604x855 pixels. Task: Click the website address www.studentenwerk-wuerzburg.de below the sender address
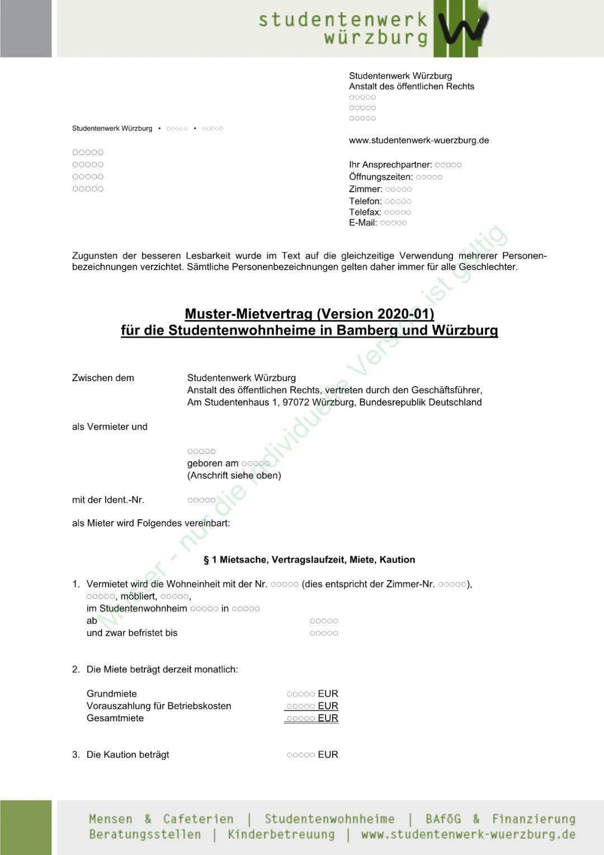(x=418, y=140)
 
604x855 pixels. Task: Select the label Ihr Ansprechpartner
(x=390, y=165)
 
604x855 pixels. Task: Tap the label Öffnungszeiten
(x=380, y=177)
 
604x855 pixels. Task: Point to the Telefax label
(x=365, y=213)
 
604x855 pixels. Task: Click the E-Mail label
(x=362, y=223)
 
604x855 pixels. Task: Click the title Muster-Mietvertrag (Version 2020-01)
(x=309, y=314)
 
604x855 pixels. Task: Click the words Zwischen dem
(x=103, y=378)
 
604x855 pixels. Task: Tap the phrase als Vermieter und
(x=110, y=427)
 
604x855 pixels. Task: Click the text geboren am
(x=213, y=464)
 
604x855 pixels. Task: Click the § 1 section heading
(x=309, y=560)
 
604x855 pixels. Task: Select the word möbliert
(x=139, y=596)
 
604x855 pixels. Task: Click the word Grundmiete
(x=111, y=694)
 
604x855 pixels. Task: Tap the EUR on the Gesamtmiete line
(x=328, y=718)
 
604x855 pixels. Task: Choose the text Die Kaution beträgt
(x=128, y=755)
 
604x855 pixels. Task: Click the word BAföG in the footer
(x=443, y=819)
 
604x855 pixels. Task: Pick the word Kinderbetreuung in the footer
(x=281, y=835)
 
